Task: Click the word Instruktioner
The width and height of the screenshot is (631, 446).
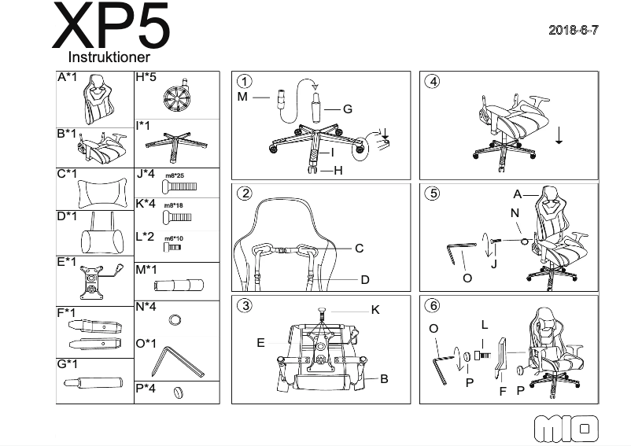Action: pos(109,57)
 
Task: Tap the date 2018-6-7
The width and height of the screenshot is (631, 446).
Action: pos(574,30)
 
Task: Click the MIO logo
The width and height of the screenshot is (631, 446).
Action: pos(566,429)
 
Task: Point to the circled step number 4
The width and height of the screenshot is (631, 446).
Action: pos(432,81)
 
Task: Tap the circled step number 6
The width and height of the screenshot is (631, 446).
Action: pos(432,305)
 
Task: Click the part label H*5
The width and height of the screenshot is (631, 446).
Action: pos(147,78)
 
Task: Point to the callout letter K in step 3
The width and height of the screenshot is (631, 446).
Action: pos(375,310)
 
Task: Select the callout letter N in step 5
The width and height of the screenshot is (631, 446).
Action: pos(515,212)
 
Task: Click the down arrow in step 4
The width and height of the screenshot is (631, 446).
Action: pos(558,135)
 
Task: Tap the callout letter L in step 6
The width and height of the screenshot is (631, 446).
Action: pos(485,324)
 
